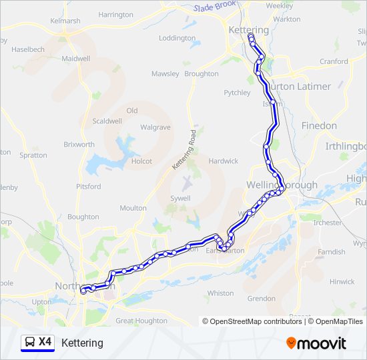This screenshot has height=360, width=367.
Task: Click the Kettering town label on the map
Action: pos(248,30)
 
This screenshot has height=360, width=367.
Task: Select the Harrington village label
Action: pos(115,15)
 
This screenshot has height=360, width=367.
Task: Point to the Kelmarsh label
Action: pos(65,21)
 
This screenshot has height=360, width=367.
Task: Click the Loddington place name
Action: pos(177,38)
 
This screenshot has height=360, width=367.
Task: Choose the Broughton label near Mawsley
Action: pos(201,74)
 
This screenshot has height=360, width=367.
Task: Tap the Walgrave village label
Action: pos(155,127)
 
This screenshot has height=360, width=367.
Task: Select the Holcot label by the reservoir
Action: pos(141,161)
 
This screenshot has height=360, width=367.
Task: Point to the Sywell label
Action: pos(180,198)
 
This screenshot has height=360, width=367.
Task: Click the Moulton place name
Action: pos(133,208)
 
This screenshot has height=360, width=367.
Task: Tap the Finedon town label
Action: pos(319,125)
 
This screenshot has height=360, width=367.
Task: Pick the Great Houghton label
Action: pos(141,321)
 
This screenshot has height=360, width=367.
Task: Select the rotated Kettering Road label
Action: pos(183,148)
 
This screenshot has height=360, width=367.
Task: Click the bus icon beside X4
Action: pos(30,343)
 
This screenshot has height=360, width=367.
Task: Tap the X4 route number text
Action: pos(45,342)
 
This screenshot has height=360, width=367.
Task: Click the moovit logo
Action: pos(316,343)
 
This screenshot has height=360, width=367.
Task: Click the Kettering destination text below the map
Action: pos(82,343)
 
